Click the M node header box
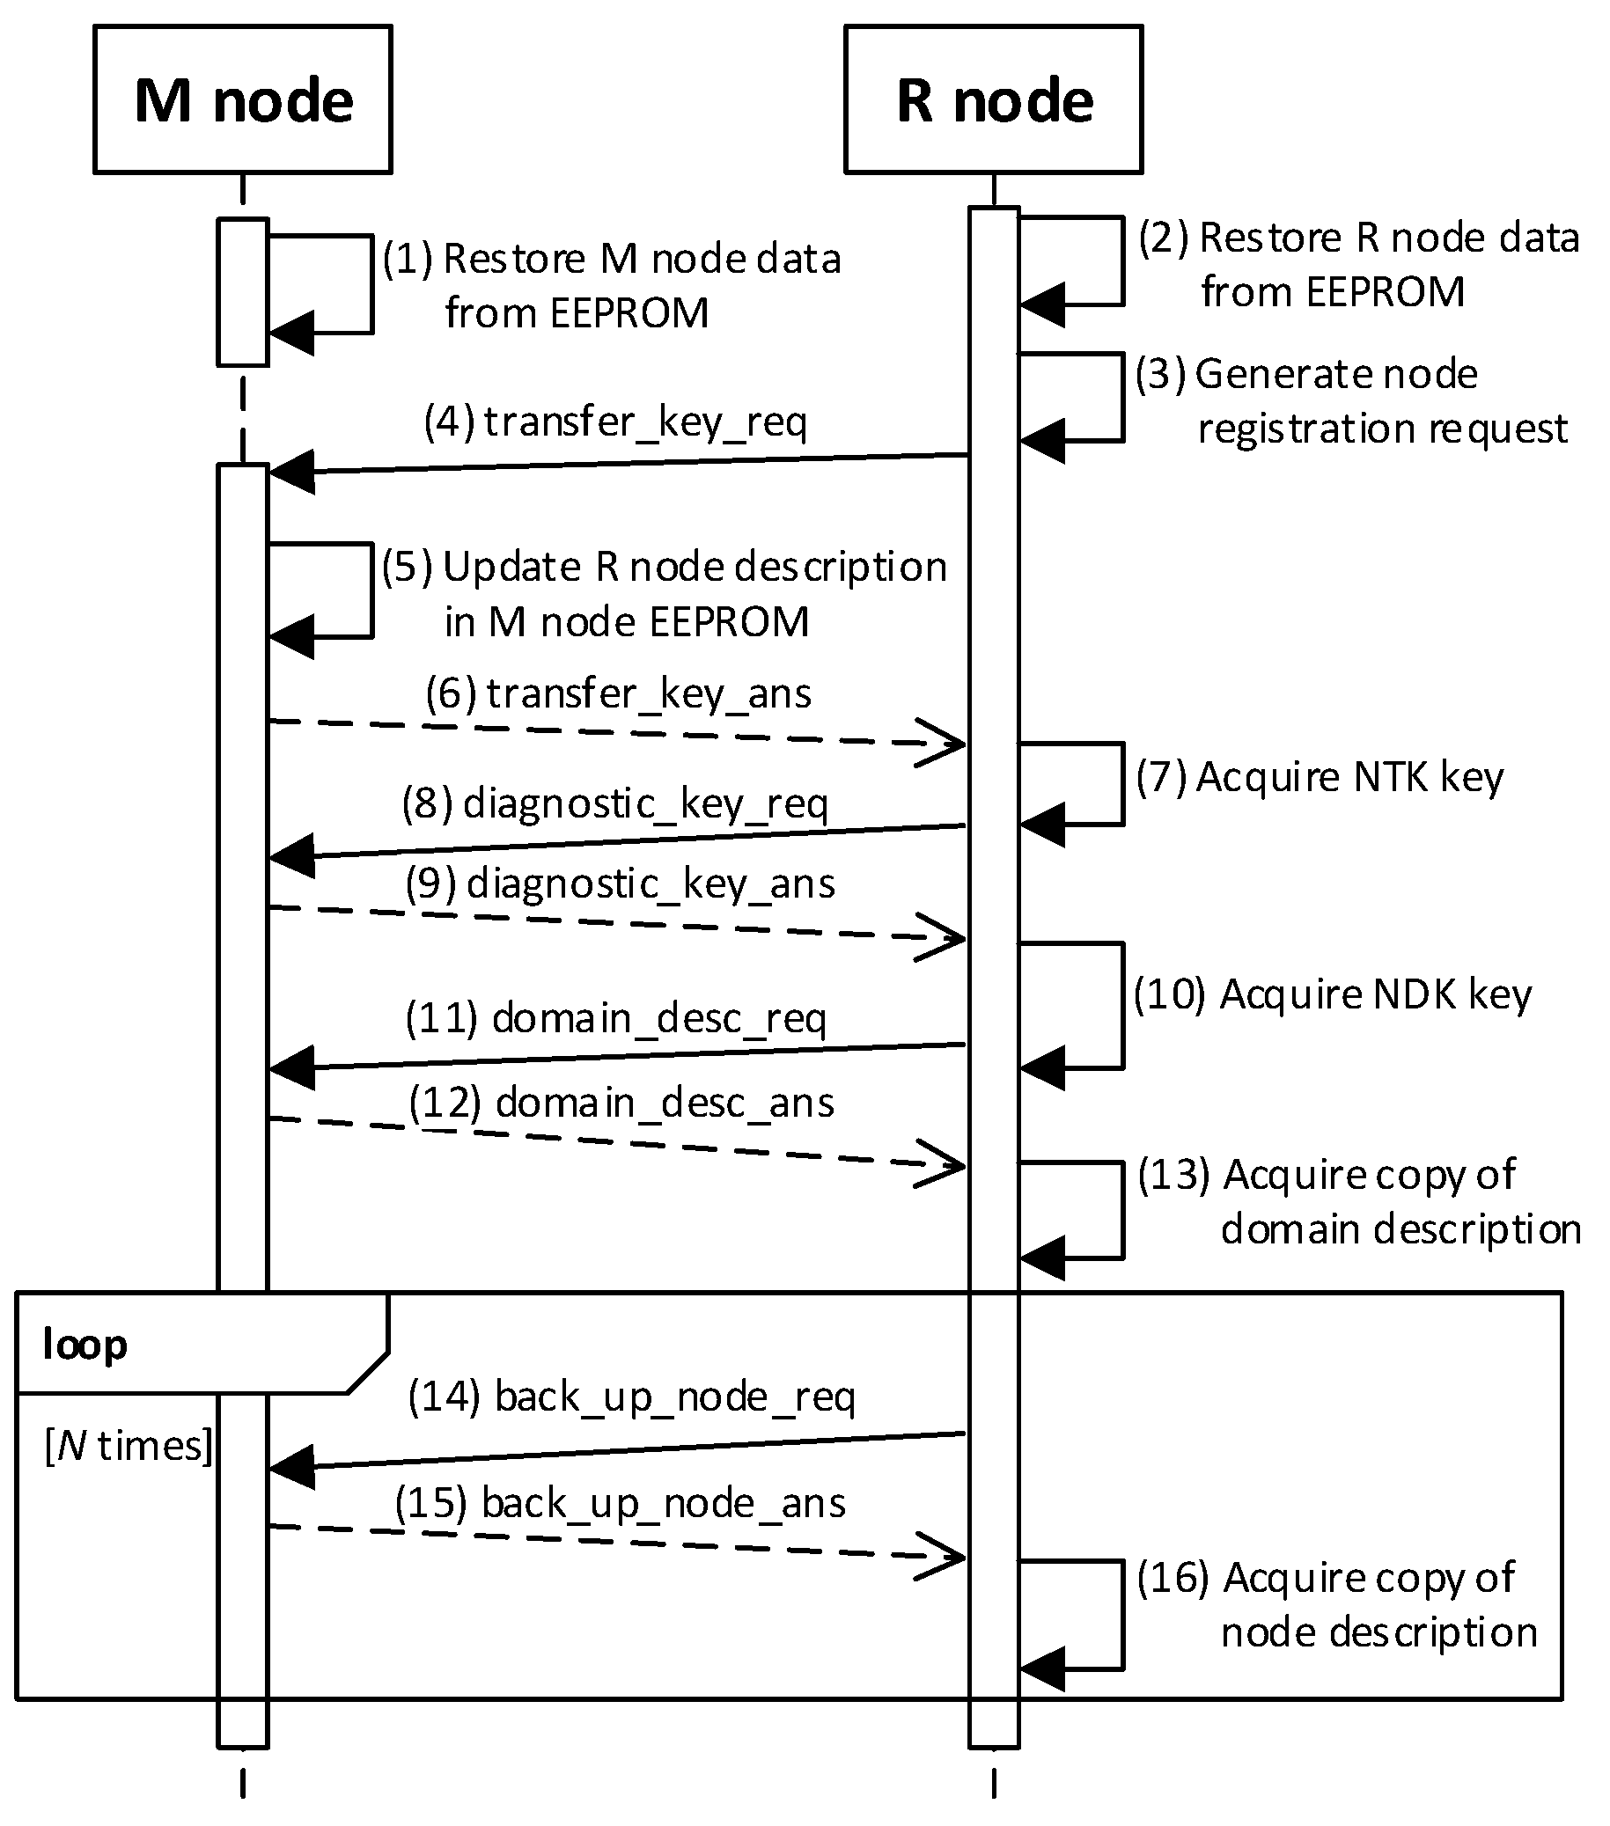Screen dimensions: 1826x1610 pos(242,99)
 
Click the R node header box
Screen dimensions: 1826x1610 pos(993,99)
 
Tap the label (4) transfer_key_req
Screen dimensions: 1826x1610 pos(615,422)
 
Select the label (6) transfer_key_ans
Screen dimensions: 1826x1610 pos(618,693)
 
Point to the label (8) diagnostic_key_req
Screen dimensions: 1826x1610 pos(614,803)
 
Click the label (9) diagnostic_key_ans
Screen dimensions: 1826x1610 pos(620,884)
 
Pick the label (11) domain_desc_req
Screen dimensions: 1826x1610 pos(615,1017)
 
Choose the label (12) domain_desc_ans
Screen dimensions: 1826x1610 pos(621,1103)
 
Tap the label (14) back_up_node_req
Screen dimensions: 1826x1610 pos(631,1397)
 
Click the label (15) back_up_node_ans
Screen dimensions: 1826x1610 pos(620,1503)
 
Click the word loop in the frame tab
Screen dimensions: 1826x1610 pos(85,1345)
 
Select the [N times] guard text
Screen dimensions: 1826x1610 pos(129,1446)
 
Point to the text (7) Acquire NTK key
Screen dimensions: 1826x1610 pos(1320,777)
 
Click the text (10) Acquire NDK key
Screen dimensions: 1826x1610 pos(1332,994)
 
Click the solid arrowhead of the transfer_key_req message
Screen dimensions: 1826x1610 pos(290,472)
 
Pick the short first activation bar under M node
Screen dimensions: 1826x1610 pos(242,292)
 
